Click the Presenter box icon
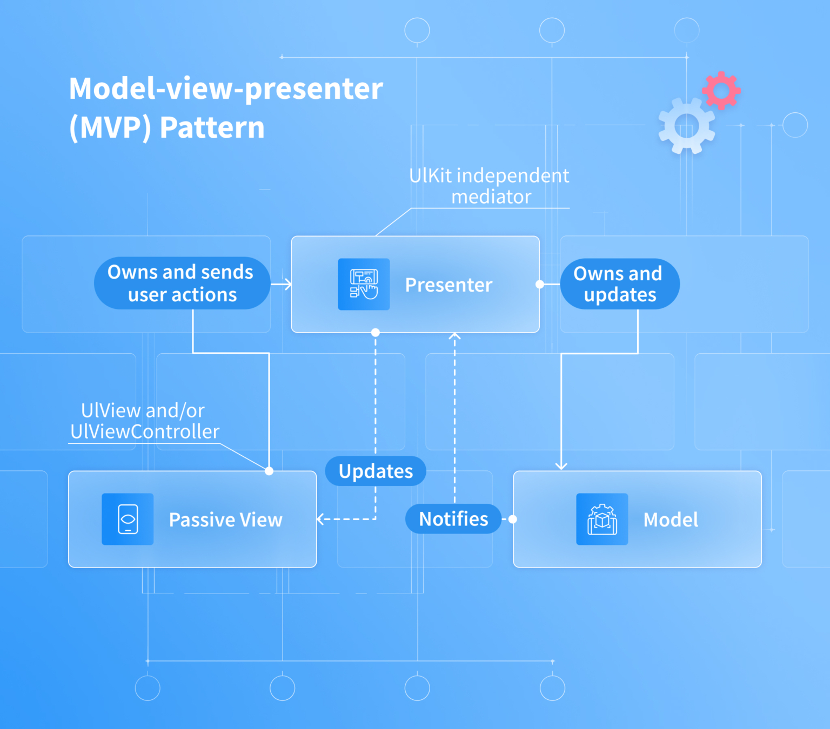[364, 284]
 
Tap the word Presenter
[449, 285]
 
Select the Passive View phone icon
[128, 519]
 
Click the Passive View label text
[225, 519]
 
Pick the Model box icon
[602, 519]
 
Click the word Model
[671, 519]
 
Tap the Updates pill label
[376, 471]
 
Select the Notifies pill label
[453, 519]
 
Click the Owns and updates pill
[620, 284]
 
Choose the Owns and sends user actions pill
[182, 283]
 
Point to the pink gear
[721, 90]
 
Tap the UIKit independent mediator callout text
[490, 186]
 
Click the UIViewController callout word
[145, 431]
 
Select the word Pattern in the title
[212, 128]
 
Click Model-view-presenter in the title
[226, 89]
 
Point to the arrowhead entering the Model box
[561, 466]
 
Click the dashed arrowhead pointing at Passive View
[320, 519]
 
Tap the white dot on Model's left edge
[513, 519]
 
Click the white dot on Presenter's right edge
[539, 284]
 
